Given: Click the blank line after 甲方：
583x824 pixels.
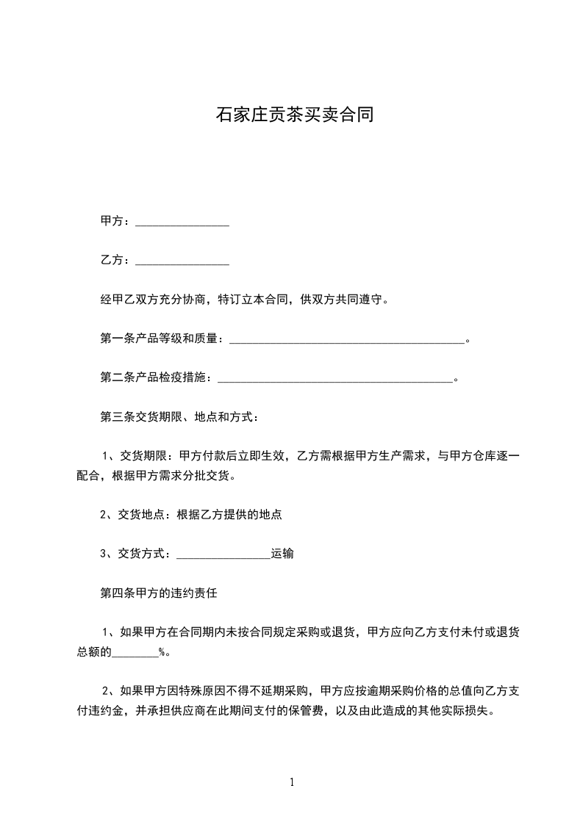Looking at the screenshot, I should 182,221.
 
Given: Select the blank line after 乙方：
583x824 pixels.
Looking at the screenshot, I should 182,260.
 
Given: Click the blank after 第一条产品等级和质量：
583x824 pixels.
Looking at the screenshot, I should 348,339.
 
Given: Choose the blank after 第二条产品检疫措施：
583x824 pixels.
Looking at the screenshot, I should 336,377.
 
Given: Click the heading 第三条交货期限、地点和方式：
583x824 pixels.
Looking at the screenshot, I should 179,417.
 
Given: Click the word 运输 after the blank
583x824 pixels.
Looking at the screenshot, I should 283,554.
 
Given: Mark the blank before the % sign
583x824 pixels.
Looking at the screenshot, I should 135,651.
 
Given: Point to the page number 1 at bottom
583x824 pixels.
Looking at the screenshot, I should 292,782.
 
